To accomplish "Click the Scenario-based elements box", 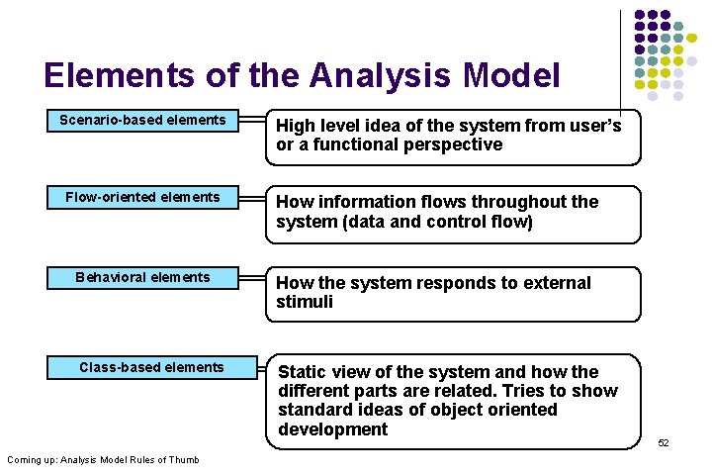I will pyautogui.click(x=142, y=121).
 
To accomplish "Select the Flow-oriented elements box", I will pyautogui.click(x=142, y=198).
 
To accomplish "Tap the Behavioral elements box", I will pyautogui.click(x=142, y=278).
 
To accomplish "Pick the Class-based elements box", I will pyautogui.click(x=151, y=368).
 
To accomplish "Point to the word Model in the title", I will pyautogui.click(x=516, y=75).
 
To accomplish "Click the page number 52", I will pyautogui.click(x=664, y=442).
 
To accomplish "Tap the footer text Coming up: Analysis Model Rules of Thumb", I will pyautogui.click(x=103, y=459).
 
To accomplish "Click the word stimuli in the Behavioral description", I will pyautogui.click(x=305, y=302).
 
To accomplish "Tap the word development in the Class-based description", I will pyautogui.click(x=332, y=429).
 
